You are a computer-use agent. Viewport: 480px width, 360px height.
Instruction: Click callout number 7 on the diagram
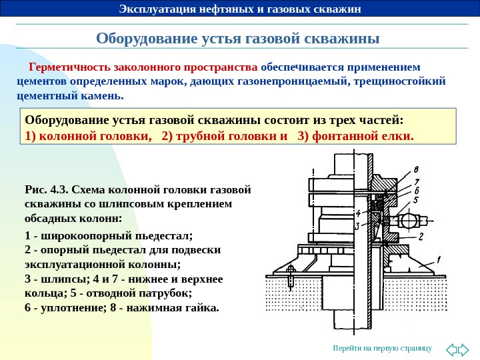pos(416,181)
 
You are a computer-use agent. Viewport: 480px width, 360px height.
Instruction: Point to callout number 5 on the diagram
pos(415,199)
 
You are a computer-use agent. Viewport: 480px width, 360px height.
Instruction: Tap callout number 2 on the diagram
pos(421,237)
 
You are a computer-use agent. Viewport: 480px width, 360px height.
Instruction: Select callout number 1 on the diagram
pos(438,260)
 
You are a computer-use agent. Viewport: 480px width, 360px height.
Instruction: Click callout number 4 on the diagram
pos(358,213)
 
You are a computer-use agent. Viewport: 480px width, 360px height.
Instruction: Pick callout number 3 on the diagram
pos(357,227)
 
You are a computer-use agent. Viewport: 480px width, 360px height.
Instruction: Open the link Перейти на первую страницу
pos(383,349)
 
